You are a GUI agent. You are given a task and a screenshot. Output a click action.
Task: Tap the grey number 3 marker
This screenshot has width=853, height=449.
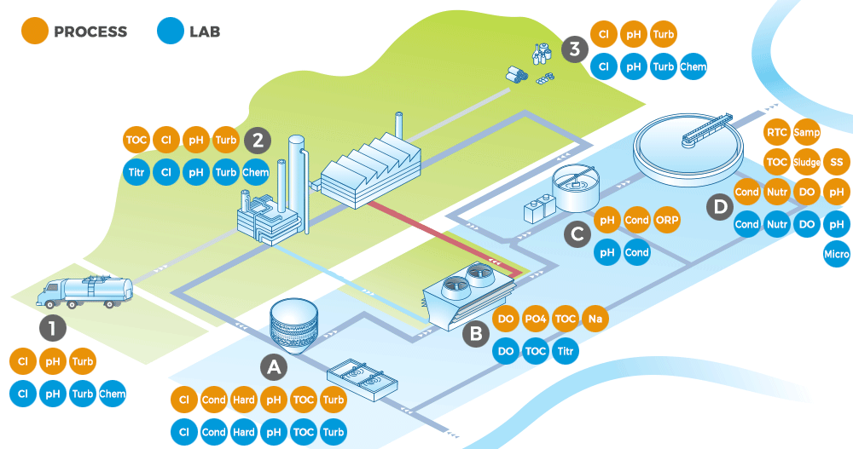click(574, 49)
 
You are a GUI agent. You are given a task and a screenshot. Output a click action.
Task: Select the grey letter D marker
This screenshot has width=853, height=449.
click(721, 205)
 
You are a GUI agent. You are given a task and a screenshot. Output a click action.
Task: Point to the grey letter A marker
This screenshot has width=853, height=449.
click(273, 367)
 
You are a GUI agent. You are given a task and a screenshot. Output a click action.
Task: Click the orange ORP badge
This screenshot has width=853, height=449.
click(666, 221)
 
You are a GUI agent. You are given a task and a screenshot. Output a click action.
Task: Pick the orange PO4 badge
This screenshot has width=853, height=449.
click(536, 319)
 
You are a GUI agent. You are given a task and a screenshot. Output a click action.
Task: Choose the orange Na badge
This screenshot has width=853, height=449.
click(595, 319)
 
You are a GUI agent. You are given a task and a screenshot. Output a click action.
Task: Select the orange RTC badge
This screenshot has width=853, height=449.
click(776, 133)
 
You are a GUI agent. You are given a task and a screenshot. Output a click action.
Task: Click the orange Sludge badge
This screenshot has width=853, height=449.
click(806, 162)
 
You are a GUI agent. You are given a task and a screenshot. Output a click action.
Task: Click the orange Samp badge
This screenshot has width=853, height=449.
click(806, 133)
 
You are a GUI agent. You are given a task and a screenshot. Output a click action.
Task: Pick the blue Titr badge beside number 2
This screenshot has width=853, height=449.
click(136, 172)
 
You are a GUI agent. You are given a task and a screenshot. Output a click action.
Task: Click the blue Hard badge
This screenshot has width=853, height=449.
click(244, 432)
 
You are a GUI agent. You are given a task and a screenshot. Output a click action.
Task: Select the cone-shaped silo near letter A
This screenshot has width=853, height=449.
click(293, 327)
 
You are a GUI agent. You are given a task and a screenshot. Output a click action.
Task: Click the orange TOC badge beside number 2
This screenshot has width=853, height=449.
click(136, 140)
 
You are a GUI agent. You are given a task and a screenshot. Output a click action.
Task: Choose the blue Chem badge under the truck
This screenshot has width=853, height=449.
click(112, 394)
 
